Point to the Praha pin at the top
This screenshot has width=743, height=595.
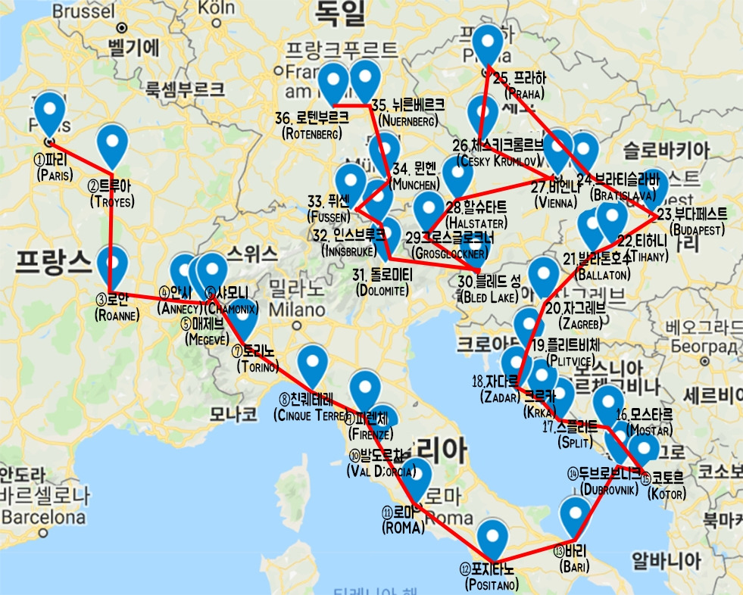pyautogui.click(x=488, y=45)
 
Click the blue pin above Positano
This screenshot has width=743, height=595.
pyautogui.click(x=493, y=538)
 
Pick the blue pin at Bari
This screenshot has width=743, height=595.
pyautogui.click(x=575, y=517)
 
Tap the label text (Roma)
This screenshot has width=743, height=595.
pyautogui.click(x=403, y=528)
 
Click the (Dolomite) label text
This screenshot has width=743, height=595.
pyautogui.click(x=382, y=290)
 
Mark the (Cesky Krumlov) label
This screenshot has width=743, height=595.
pyautogui.click(x=498, y=161)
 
